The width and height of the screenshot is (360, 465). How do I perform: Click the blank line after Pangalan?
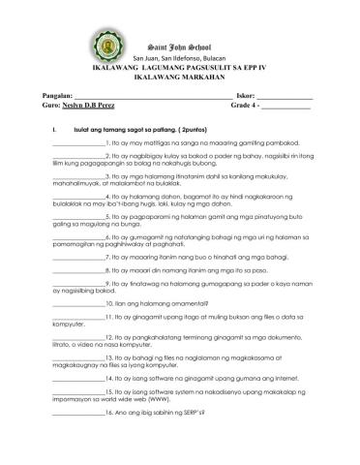(156, 97)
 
